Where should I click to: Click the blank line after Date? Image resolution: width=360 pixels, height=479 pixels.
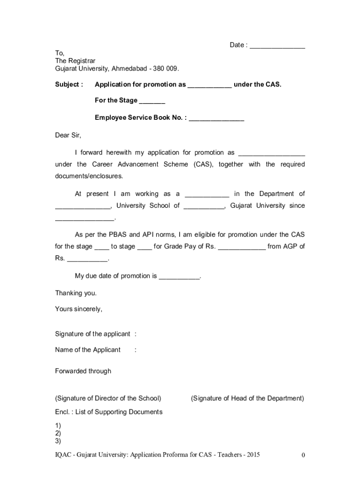point(277,46)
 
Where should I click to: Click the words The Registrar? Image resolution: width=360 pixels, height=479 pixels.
point(75,61)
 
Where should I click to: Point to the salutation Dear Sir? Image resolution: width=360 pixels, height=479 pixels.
point(68,135)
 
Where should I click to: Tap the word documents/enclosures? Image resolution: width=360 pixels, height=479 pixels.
point(89,176)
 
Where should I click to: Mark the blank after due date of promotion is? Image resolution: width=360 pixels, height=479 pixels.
point(180,276)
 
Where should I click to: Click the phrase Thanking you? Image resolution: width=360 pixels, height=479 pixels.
point(76,293)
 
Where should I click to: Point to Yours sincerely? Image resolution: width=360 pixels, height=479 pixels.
point(79,309)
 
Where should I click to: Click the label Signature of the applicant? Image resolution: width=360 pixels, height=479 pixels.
point(93,334)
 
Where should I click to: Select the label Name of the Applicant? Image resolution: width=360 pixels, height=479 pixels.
point(88,350)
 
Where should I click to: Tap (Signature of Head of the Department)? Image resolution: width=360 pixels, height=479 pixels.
point(247,399)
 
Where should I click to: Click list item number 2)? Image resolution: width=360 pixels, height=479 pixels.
point(58,433)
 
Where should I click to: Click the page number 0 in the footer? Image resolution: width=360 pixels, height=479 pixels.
point(303,455)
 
